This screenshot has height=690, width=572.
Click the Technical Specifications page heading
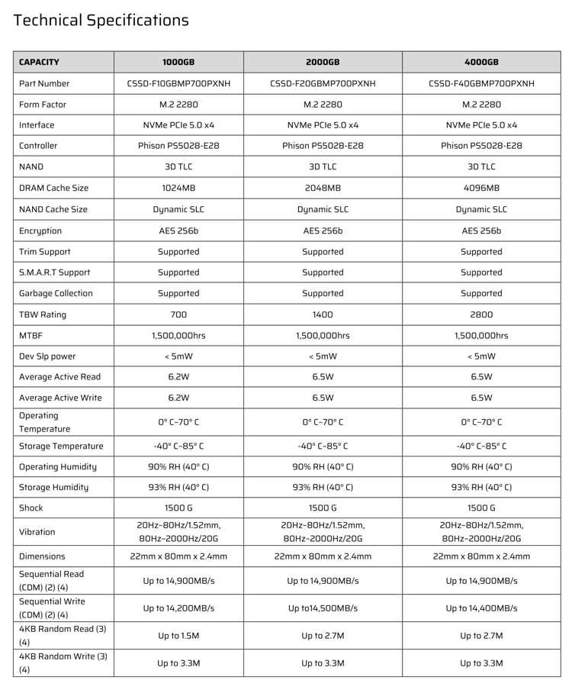(101, 21)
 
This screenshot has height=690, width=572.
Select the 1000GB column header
(178, 63)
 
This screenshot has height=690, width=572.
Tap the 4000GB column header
(481, 63)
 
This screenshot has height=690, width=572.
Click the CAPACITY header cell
(39, 63)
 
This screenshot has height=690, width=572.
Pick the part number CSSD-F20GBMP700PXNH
(323, 84)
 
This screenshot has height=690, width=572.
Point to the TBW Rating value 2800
(481, 314)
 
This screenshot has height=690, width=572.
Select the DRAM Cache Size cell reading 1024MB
(178, 188)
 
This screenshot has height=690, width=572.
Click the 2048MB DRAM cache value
(323, 188)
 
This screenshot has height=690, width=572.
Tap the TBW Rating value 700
(178, 314)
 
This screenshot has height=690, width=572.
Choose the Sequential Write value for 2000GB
(323, 608)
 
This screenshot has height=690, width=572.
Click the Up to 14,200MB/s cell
(178, 608)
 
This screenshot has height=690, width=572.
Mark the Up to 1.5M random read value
(178, 636)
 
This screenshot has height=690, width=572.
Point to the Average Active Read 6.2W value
(178, 377)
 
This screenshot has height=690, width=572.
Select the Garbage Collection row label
(56, 293)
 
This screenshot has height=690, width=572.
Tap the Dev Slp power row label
(47, 356)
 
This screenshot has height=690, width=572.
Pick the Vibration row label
(37, 532)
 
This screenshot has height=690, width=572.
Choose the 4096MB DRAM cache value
(481, 188)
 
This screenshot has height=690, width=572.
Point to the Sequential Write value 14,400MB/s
(481, 608)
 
